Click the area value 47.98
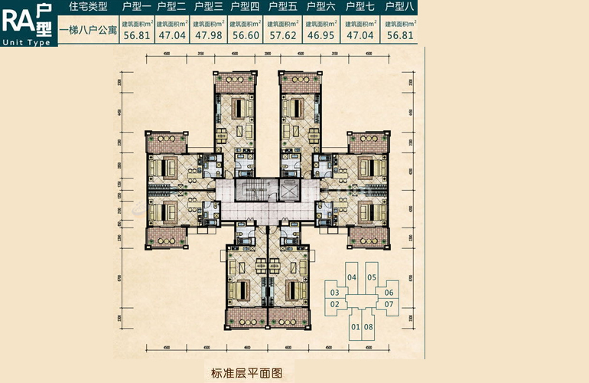(x=208, y=34)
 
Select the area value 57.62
(x=282, y=34)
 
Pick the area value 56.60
(x=245, y=34)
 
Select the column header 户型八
(x=400, y=7)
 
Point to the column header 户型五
(x=282, y=7)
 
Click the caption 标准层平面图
(x=247, y=374)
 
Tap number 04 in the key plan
(x=352, y=277)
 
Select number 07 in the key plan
(x=389, y=304)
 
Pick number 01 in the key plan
(x=356, y=327)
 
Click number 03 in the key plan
(x=335, y=293)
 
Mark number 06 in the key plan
(x=389, y=293)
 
